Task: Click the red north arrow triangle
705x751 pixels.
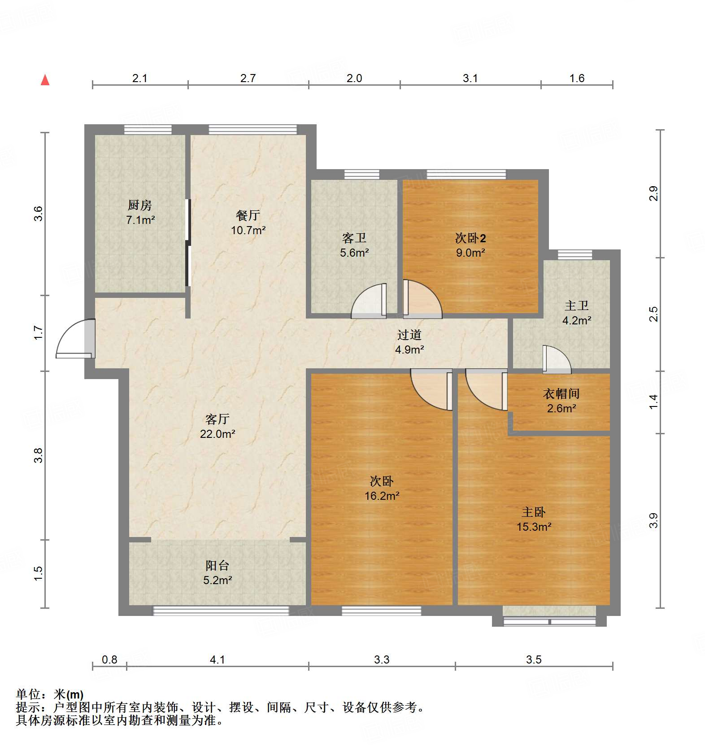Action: (x=45, y=80)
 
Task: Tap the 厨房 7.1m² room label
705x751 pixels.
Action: (x=140, y=213)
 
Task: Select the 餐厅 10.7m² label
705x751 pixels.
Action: (x=248, y=223)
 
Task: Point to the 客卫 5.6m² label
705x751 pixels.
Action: (x=354, y=245)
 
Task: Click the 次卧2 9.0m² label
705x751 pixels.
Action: (x=470, y=245)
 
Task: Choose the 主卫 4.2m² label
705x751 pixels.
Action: (x=576, y=313)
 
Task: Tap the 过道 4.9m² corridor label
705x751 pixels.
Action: (x=409, y=342)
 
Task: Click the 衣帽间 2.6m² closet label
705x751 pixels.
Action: (x=561, y=401)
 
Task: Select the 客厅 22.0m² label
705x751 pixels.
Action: (x=218, y=426)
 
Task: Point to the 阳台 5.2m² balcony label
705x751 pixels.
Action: (x=218, y=572)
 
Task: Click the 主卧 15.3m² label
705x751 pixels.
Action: (x=534, y=519)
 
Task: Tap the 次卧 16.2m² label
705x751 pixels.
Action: (x=382, y=488)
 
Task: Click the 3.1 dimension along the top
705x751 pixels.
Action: (x=470, y=78)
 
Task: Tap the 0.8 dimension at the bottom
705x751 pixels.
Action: (x=109, y=659)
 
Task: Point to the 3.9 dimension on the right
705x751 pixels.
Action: (x=653, y=520)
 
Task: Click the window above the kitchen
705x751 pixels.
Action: (x=148, y=130)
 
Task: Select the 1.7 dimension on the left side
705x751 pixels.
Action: (x=39, y=333)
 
